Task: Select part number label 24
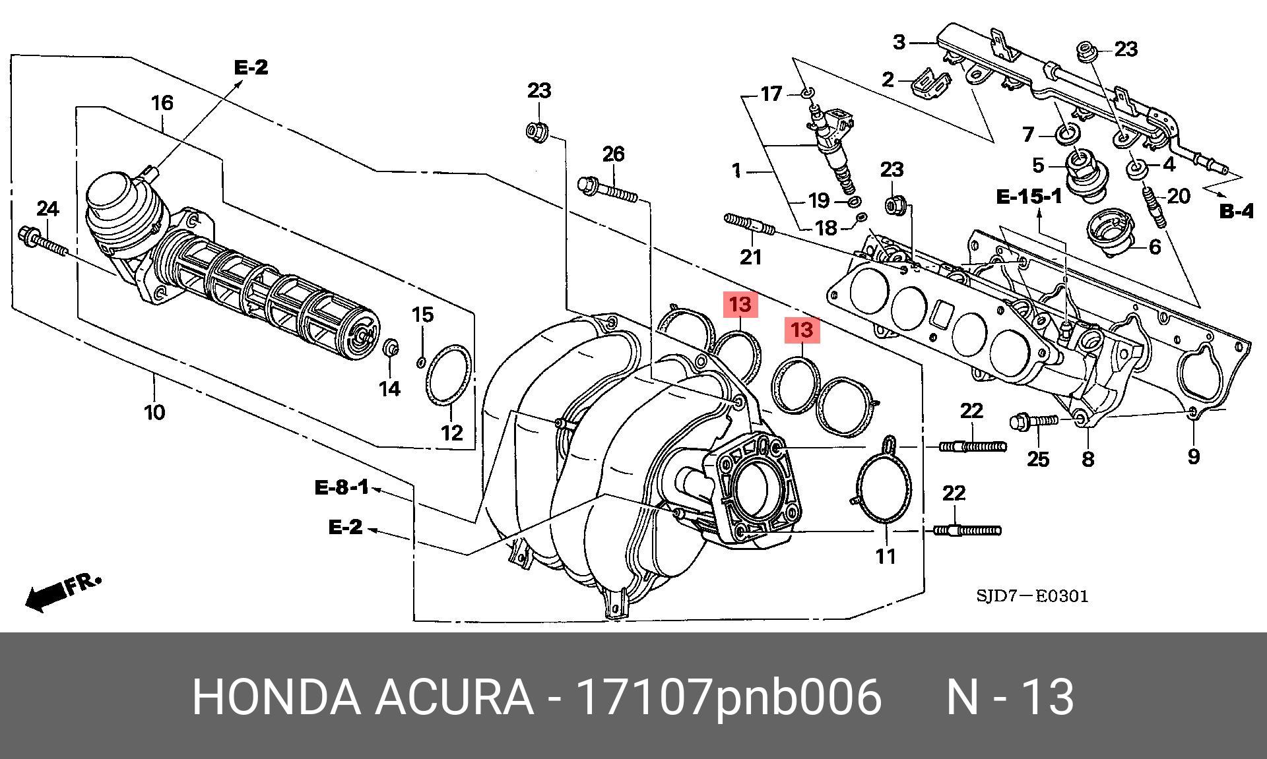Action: (47, 210)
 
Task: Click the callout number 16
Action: (162, 103)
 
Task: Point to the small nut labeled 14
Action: (391, 348)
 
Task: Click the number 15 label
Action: (423, 315)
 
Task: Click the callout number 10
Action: (154, 413)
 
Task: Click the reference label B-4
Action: (1235, 211)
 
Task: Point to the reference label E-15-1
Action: (1029, 196)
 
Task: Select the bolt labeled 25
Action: (1033, 420)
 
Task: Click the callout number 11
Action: (886, 556)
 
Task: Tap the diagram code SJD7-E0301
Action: (1032, 596)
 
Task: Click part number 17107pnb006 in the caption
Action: (729, 696)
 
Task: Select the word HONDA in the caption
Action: (276, 696)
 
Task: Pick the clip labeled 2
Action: (930, 83)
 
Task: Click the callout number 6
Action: (1154, 247)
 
